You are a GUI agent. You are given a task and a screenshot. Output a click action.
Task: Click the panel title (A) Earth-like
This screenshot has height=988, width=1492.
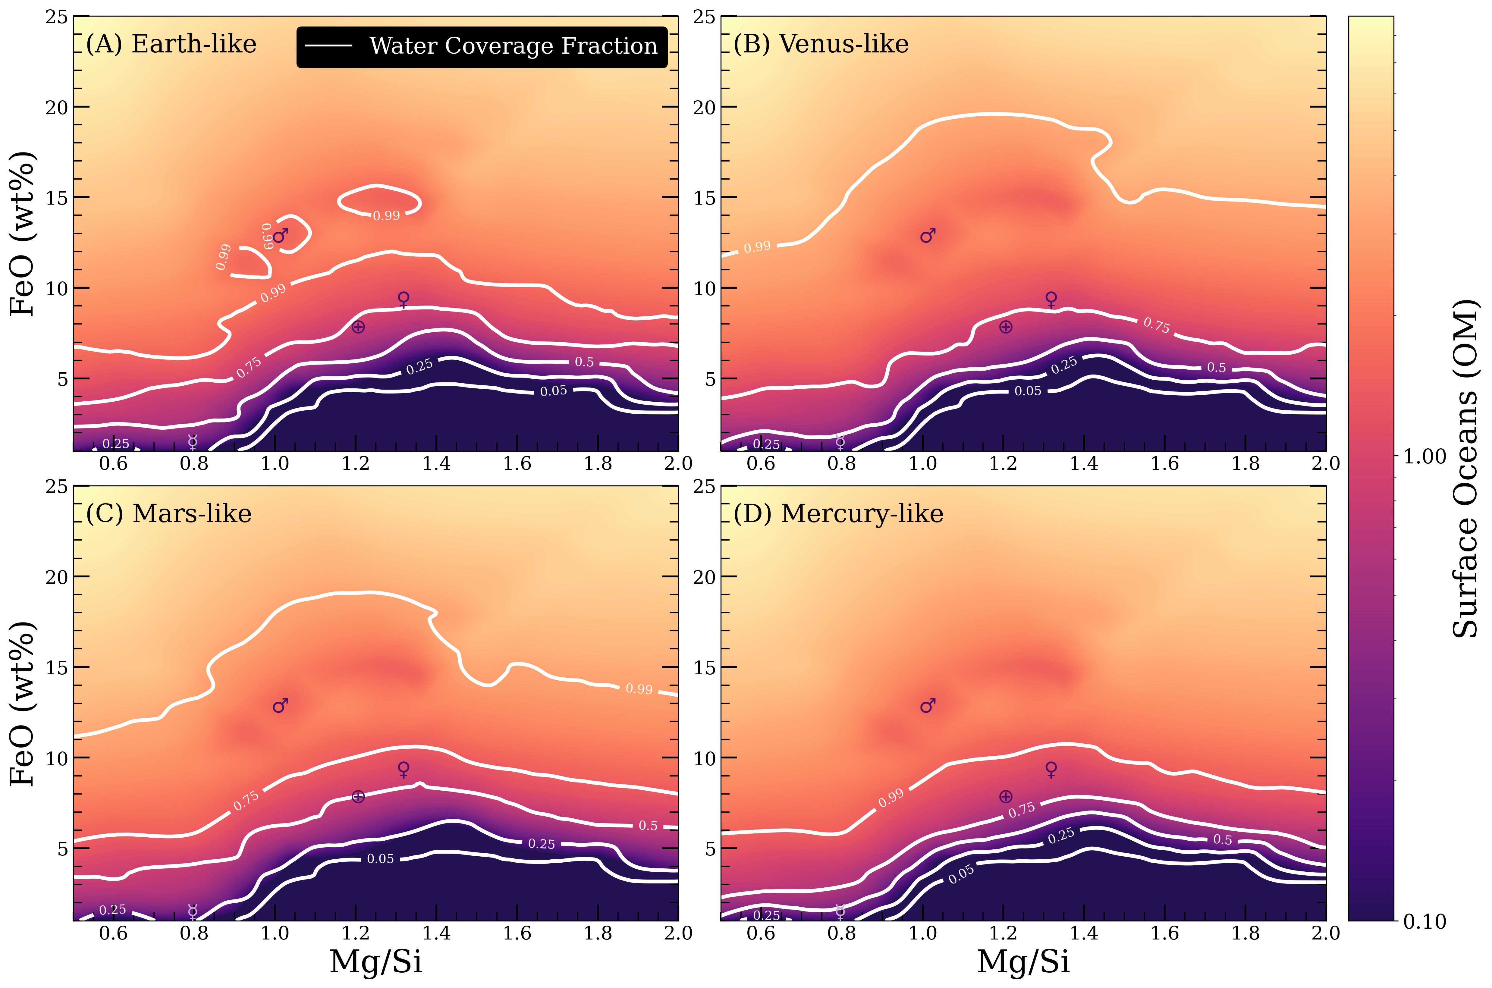pyautogui.click(x=171, y=44)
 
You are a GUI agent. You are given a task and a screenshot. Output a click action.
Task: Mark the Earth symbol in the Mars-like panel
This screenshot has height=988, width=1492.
pyautogui.click(x=358, y=797)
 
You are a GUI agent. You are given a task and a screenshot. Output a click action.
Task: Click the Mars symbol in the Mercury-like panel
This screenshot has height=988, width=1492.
pyautogui.click(x=928, y=706)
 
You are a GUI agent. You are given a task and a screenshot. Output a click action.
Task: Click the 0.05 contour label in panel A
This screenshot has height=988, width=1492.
pyautogui.click(x=553, y=391)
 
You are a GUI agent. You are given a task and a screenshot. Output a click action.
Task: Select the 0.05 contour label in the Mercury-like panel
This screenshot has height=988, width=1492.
pyautogui.click(x=961, y=874)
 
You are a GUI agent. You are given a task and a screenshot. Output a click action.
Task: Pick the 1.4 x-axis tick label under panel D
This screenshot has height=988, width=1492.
pyautogui.click(x=1084, y=933)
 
